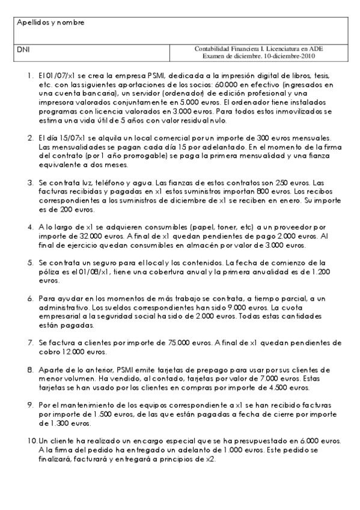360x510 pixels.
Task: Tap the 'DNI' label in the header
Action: pos(23,48)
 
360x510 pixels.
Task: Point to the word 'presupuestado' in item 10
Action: pos(259,441)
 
